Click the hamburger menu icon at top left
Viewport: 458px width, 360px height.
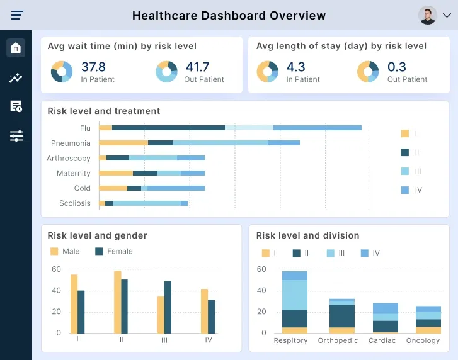point(17,15)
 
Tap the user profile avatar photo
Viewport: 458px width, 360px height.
point(427,15)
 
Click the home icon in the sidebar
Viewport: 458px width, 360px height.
point(16,48)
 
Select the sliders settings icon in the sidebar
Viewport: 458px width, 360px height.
point(16,136)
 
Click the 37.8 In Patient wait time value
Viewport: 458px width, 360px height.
point(93,67)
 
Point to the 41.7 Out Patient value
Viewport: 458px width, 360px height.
point(197,67)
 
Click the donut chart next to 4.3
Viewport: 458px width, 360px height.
point(268,71)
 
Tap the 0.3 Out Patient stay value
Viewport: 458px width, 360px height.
point(397,67)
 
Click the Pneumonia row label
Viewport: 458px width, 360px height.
point(71,143)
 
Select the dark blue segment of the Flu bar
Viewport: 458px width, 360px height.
point(168,128)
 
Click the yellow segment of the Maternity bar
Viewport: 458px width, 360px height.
point(116,173)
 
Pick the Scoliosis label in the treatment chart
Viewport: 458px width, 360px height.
point(74,203)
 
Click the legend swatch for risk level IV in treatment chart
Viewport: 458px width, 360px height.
point(405,190)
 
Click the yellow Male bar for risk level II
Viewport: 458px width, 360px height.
point(117,302)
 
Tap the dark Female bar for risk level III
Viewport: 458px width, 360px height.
point(168,307)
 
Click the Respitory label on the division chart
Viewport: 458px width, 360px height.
point(290,340)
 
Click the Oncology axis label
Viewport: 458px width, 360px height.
point(423,340)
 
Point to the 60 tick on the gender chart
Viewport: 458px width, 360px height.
point(57,269)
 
